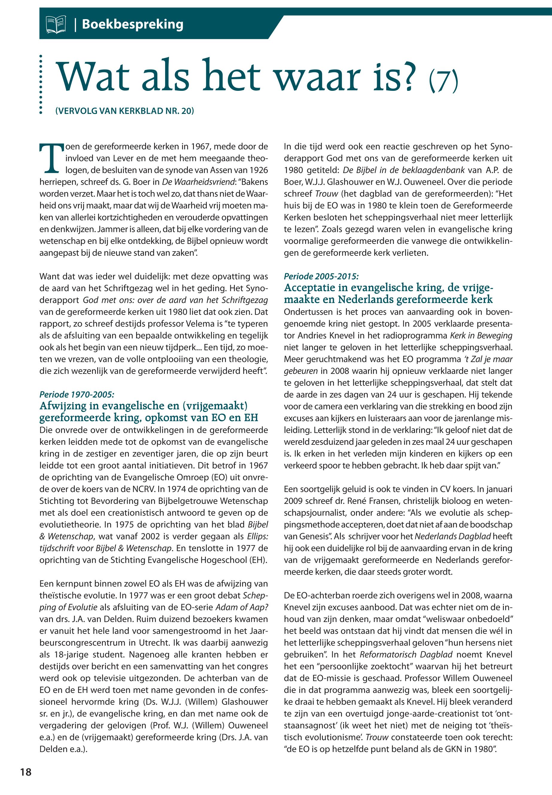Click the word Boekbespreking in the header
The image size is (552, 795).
coord(133,25)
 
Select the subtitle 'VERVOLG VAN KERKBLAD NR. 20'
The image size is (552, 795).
coord(124,111)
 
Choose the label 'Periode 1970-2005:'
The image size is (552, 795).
coord(77,394)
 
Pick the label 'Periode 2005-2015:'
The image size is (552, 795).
coord(321,276)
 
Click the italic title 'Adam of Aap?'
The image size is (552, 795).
coord(242,607)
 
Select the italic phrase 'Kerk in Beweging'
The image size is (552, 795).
coord(481,335)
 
